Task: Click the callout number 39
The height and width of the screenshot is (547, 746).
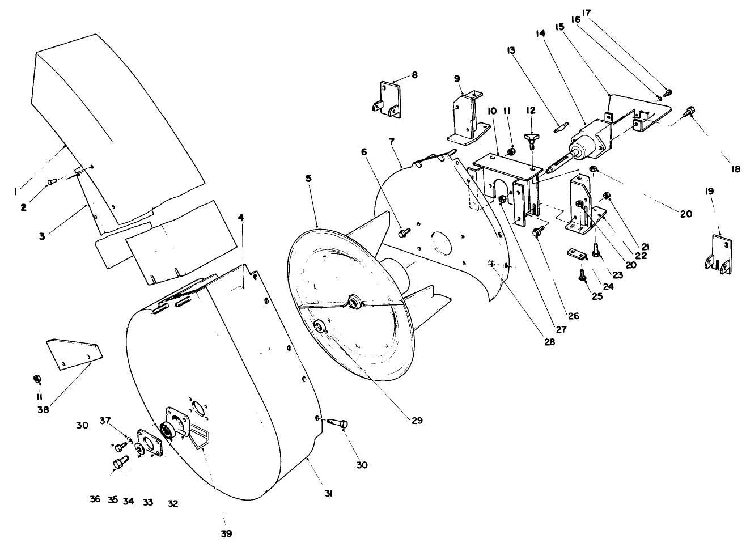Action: pyautogui.click(x=227, y=534)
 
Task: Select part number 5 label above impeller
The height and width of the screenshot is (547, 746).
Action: pyautogui.click(x=308, y=178)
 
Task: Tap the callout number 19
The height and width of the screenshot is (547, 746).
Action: pyautogui.click(x=709, y=192)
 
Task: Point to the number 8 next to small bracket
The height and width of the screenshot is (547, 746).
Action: pyautogui.click(x=414, y=74)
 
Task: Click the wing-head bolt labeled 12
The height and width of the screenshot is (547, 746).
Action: pyautogui.click(x=531, y=139)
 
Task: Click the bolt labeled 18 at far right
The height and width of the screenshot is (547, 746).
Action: pyautogui.click(x=689, y=111)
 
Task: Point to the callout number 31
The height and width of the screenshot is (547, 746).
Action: pyautogui.click(x=328, y=494)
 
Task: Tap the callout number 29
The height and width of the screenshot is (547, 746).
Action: pyautogui.click(x=418, y=421)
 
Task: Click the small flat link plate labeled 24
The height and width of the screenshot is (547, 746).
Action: pyautogui.click(x=576, y=253)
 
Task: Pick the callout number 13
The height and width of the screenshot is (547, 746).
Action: pyautogui.click(x=512, y=50)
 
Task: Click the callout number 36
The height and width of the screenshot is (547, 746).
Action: pyautogui.click(x=95, y=499)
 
